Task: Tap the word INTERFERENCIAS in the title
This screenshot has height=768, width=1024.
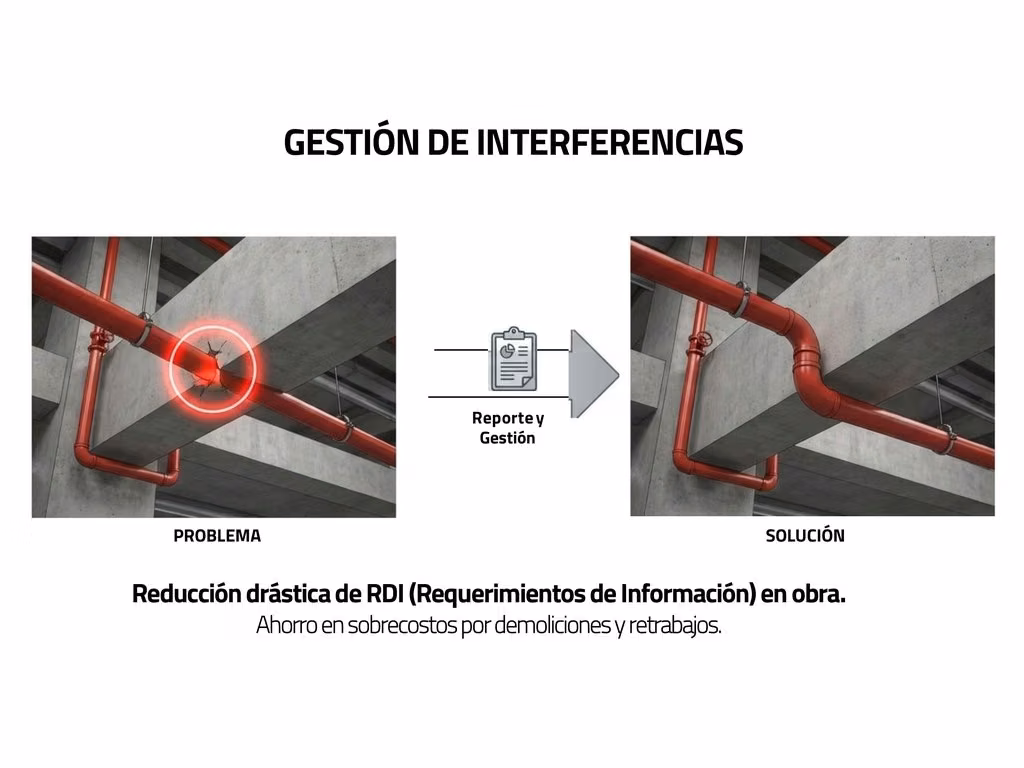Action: (610, 142)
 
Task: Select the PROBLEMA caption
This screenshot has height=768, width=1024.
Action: (217, 536)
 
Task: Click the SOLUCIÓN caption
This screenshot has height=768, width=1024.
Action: (805, 536)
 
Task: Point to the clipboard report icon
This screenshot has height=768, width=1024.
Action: (513, 359)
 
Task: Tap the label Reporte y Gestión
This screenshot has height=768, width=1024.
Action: (507, 428)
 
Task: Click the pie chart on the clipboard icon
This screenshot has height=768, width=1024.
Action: (507, 352)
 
